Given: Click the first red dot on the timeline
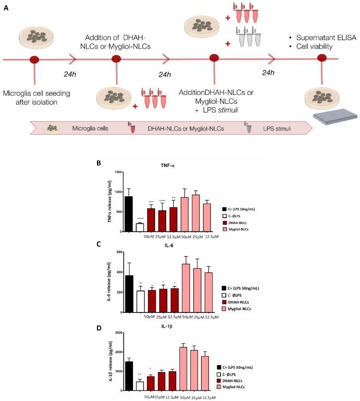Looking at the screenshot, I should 34,59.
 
